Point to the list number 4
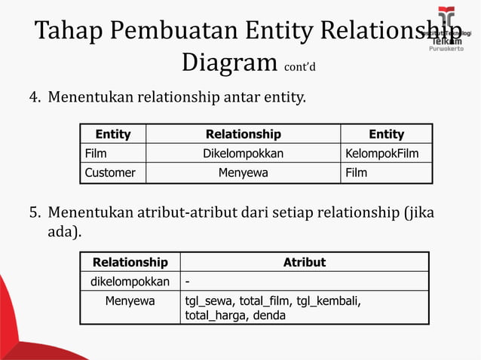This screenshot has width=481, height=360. [x=35, y=98]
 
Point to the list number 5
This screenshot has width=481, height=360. [x=35, y=213]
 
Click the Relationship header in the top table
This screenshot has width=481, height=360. [x=243, y=134]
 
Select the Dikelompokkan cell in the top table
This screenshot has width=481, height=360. [x=243, y=154]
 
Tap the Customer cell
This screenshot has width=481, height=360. [x=110, y=172]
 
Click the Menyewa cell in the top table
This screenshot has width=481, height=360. [x=243, y=172]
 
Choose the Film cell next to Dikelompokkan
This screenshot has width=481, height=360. [x=96, y=154]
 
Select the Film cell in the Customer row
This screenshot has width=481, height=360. [x=357, y=172]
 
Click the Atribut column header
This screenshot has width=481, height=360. [x=304, y=262]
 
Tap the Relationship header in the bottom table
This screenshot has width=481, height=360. [x=130, y=262]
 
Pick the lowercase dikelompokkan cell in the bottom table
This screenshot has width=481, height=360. [x=130, y=282]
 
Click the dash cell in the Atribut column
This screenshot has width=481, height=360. [x=188, y=282]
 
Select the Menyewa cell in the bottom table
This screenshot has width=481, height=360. [x=130, y=301]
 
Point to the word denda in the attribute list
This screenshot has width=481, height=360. [x=269, y=316]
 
